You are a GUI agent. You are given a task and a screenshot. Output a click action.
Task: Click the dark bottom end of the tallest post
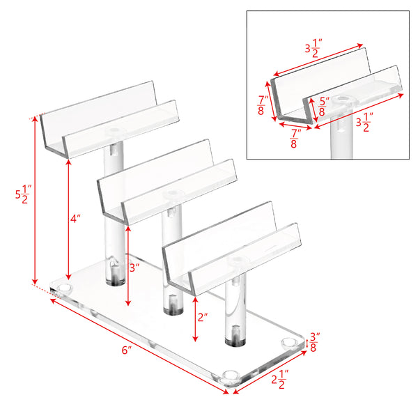point(112,278)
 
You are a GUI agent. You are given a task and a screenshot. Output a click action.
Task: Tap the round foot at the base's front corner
point(231,377)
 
